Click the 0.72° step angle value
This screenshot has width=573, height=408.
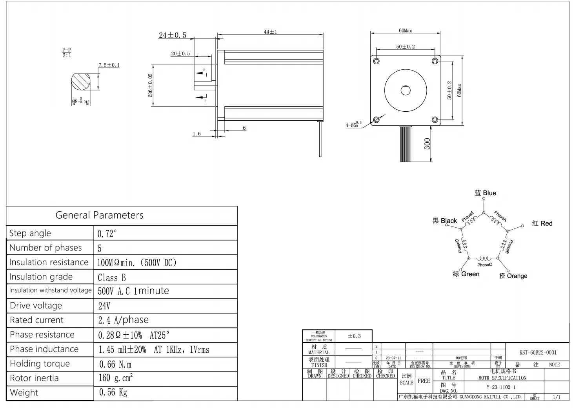pos(107,234)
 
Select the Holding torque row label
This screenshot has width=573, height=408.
pos(40,364)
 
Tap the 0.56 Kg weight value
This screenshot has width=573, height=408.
pos(113,392)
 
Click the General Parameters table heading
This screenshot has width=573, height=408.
pos(99,215)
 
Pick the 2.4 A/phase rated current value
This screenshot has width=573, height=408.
pos(123,320)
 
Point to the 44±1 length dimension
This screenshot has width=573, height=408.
pos(270,32)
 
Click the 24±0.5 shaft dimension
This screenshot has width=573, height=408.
pos(172,35)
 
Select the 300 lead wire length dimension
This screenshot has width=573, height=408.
pos(427,144)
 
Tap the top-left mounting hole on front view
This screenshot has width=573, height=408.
pos(377,61)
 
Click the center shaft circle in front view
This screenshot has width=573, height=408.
pos(406,91)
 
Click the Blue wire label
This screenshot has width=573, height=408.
pos(486,193)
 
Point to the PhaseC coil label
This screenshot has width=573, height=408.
pos(484,265)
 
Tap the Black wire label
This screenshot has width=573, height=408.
pos(445,221)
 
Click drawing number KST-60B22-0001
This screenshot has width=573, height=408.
pos(538,352)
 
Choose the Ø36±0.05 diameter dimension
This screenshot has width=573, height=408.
pos(150,85)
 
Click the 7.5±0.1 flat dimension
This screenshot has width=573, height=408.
pos(109,65)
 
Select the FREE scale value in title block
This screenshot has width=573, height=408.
pos(424,381)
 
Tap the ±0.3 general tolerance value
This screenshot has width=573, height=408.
pos(354,336)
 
